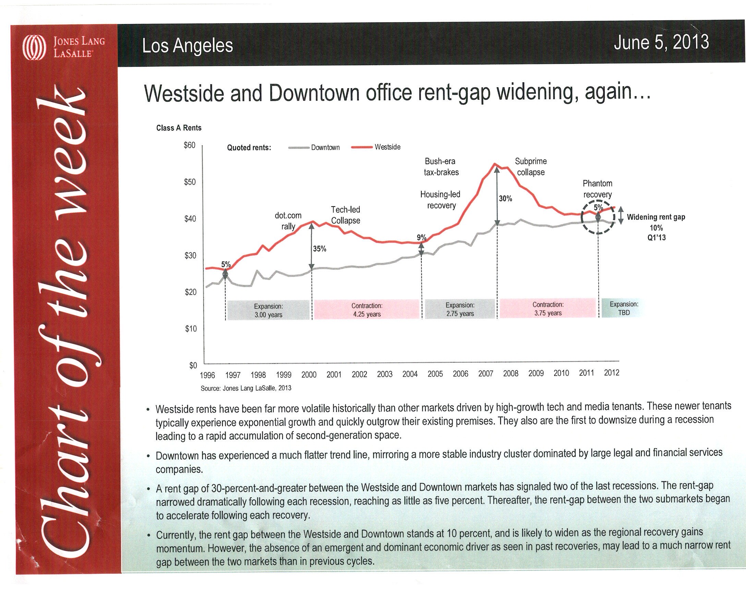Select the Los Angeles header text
pyautogui.click(x=188, y=46)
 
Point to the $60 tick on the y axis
pyautogui.click(x=190, y=145)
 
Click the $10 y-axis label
pyautogui.click(x=191, y=328)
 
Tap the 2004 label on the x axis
pyautogui.click(x=410, y=374)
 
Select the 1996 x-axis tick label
pyautogui.click(x=207, y=375)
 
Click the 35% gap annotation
pyautogui.click(x=320, y=249)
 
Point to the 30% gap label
pyautogui.click(x=505, y=198)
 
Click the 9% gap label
pyautogui.click(x=421, y=237)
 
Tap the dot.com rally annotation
pyautogui.click(x=288, y=221)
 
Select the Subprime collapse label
pyautogui.click(x=530, y=166)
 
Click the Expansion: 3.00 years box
pyautogui.click(x=268, y=310)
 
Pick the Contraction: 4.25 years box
pyautogui.click(x=367, y=310)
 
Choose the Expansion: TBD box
pyautogui.click(x=624, y=308)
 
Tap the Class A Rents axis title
pyautogui.click(x=179, y=128)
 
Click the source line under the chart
pyautogui.click(x=246, y=388)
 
